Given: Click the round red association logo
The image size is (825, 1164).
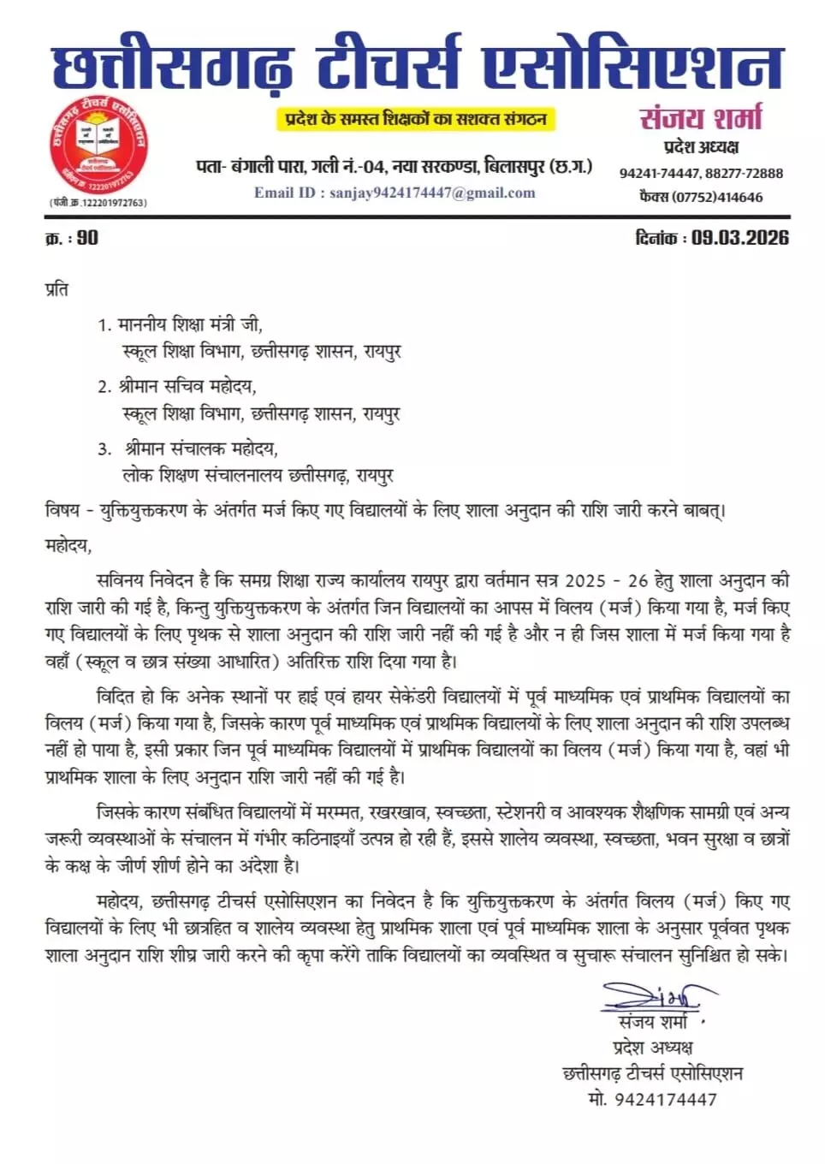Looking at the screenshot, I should (98, 145).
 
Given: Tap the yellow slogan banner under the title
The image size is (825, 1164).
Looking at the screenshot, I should (416, 119).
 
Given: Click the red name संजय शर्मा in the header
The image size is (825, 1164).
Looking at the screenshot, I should (700, 118).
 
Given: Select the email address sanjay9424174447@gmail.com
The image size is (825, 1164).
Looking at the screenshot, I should (433, 193).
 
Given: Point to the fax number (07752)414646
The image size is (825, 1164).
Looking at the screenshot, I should (717, 197).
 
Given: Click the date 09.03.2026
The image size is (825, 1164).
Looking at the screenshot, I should (740, 238).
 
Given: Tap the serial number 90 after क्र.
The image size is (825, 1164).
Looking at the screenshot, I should (87, 238).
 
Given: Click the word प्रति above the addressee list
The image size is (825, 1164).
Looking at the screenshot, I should (56, 289).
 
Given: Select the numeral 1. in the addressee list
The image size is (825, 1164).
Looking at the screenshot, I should (104, 325).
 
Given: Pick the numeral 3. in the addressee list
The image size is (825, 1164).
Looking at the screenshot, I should (104, 448).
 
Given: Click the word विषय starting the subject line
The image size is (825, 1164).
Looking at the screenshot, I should (62, 511).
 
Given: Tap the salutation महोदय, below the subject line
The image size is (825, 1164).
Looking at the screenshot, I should (68, 545).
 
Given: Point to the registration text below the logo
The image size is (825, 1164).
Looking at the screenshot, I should (98, 203).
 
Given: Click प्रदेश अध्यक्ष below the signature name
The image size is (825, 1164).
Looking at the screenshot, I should (653, 1048).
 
